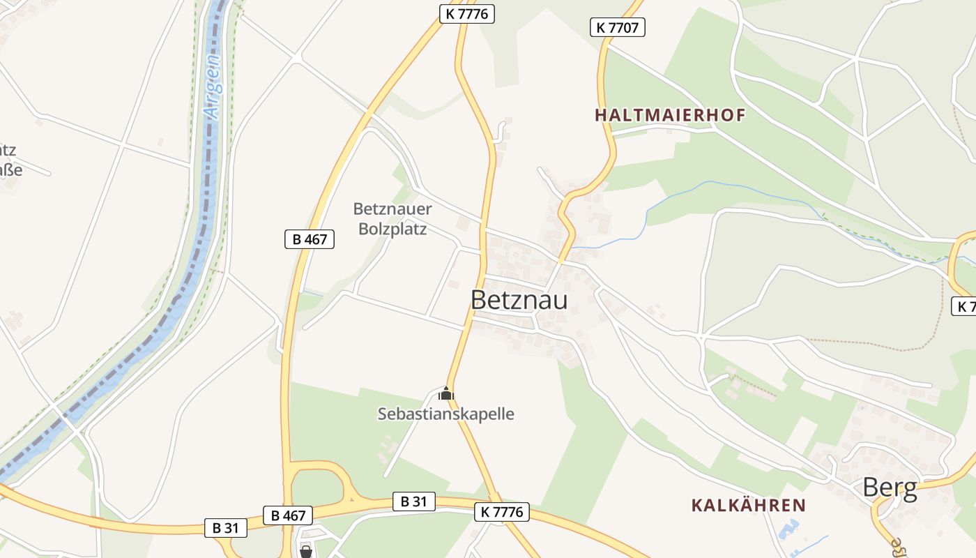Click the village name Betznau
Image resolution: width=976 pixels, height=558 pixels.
[519, 300]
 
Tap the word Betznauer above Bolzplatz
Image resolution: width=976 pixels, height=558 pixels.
[392, 209]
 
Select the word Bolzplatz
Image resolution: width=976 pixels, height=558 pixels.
[392, 228]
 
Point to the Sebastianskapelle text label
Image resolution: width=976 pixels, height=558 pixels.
[445, 414]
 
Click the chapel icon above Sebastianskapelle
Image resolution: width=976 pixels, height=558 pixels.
[445, 394]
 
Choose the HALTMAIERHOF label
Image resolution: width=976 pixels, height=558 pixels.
[670, 115]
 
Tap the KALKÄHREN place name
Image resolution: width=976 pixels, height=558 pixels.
[748, 505]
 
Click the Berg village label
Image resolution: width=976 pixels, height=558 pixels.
[890, 488]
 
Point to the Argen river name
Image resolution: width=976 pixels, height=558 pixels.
[213, 87]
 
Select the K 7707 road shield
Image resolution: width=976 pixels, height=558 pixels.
[618, 27]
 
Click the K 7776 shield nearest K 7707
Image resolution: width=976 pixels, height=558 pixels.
[467, 13]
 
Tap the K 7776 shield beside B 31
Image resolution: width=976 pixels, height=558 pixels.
[501, 512]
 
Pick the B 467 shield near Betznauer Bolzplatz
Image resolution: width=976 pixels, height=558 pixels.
[310, 239]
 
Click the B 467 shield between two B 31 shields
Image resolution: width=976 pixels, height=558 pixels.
[288, 515]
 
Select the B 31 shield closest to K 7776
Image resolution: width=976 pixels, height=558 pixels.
[414, 501]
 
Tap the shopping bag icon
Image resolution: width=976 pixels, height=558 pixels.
[305, 552]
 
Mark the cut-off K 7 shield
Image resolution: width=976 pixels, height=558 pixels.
[964, 306]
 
